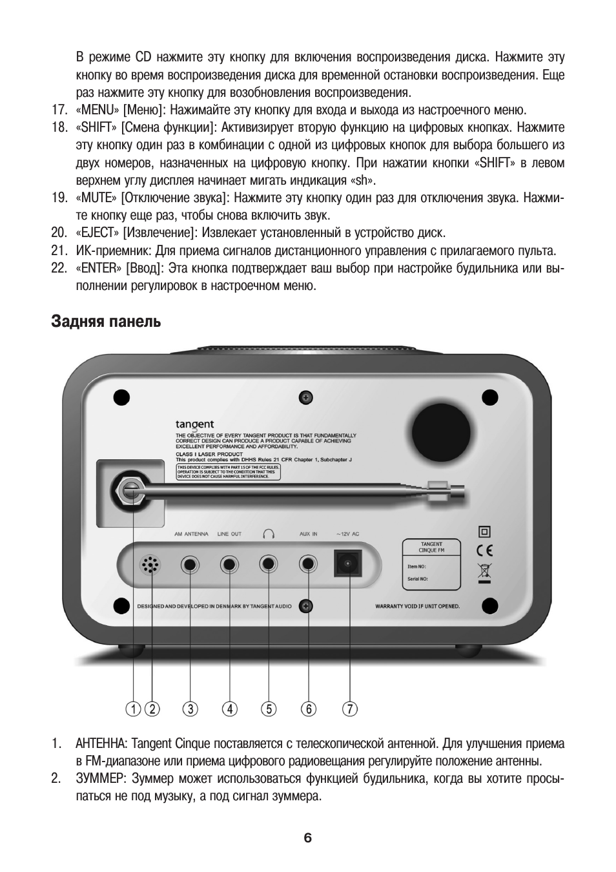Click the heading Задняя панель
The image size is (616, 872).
106,321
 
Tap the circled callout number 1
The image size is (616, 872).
133,709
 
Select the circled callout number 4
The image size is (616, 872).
229,709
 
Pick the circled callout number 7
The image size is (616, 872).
349,709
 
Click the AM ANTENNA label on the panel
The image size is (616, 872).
191,534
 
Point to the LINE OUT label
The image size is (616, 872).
229,534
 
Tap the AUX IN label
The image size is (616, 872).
308,534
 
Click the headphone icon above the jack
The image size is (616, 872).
269,534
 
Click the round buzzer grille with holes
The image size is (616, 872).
150,566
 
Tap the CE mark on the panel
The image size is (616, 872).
484,551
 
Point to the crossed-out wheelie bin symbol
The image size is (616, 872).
484,572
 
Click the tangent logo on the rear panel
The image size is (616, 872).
194,424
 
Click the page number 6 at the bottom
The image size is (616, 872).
307,838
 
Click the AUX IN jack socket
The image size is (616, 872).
308,565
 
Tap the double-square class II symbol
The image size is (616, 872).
484,532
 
